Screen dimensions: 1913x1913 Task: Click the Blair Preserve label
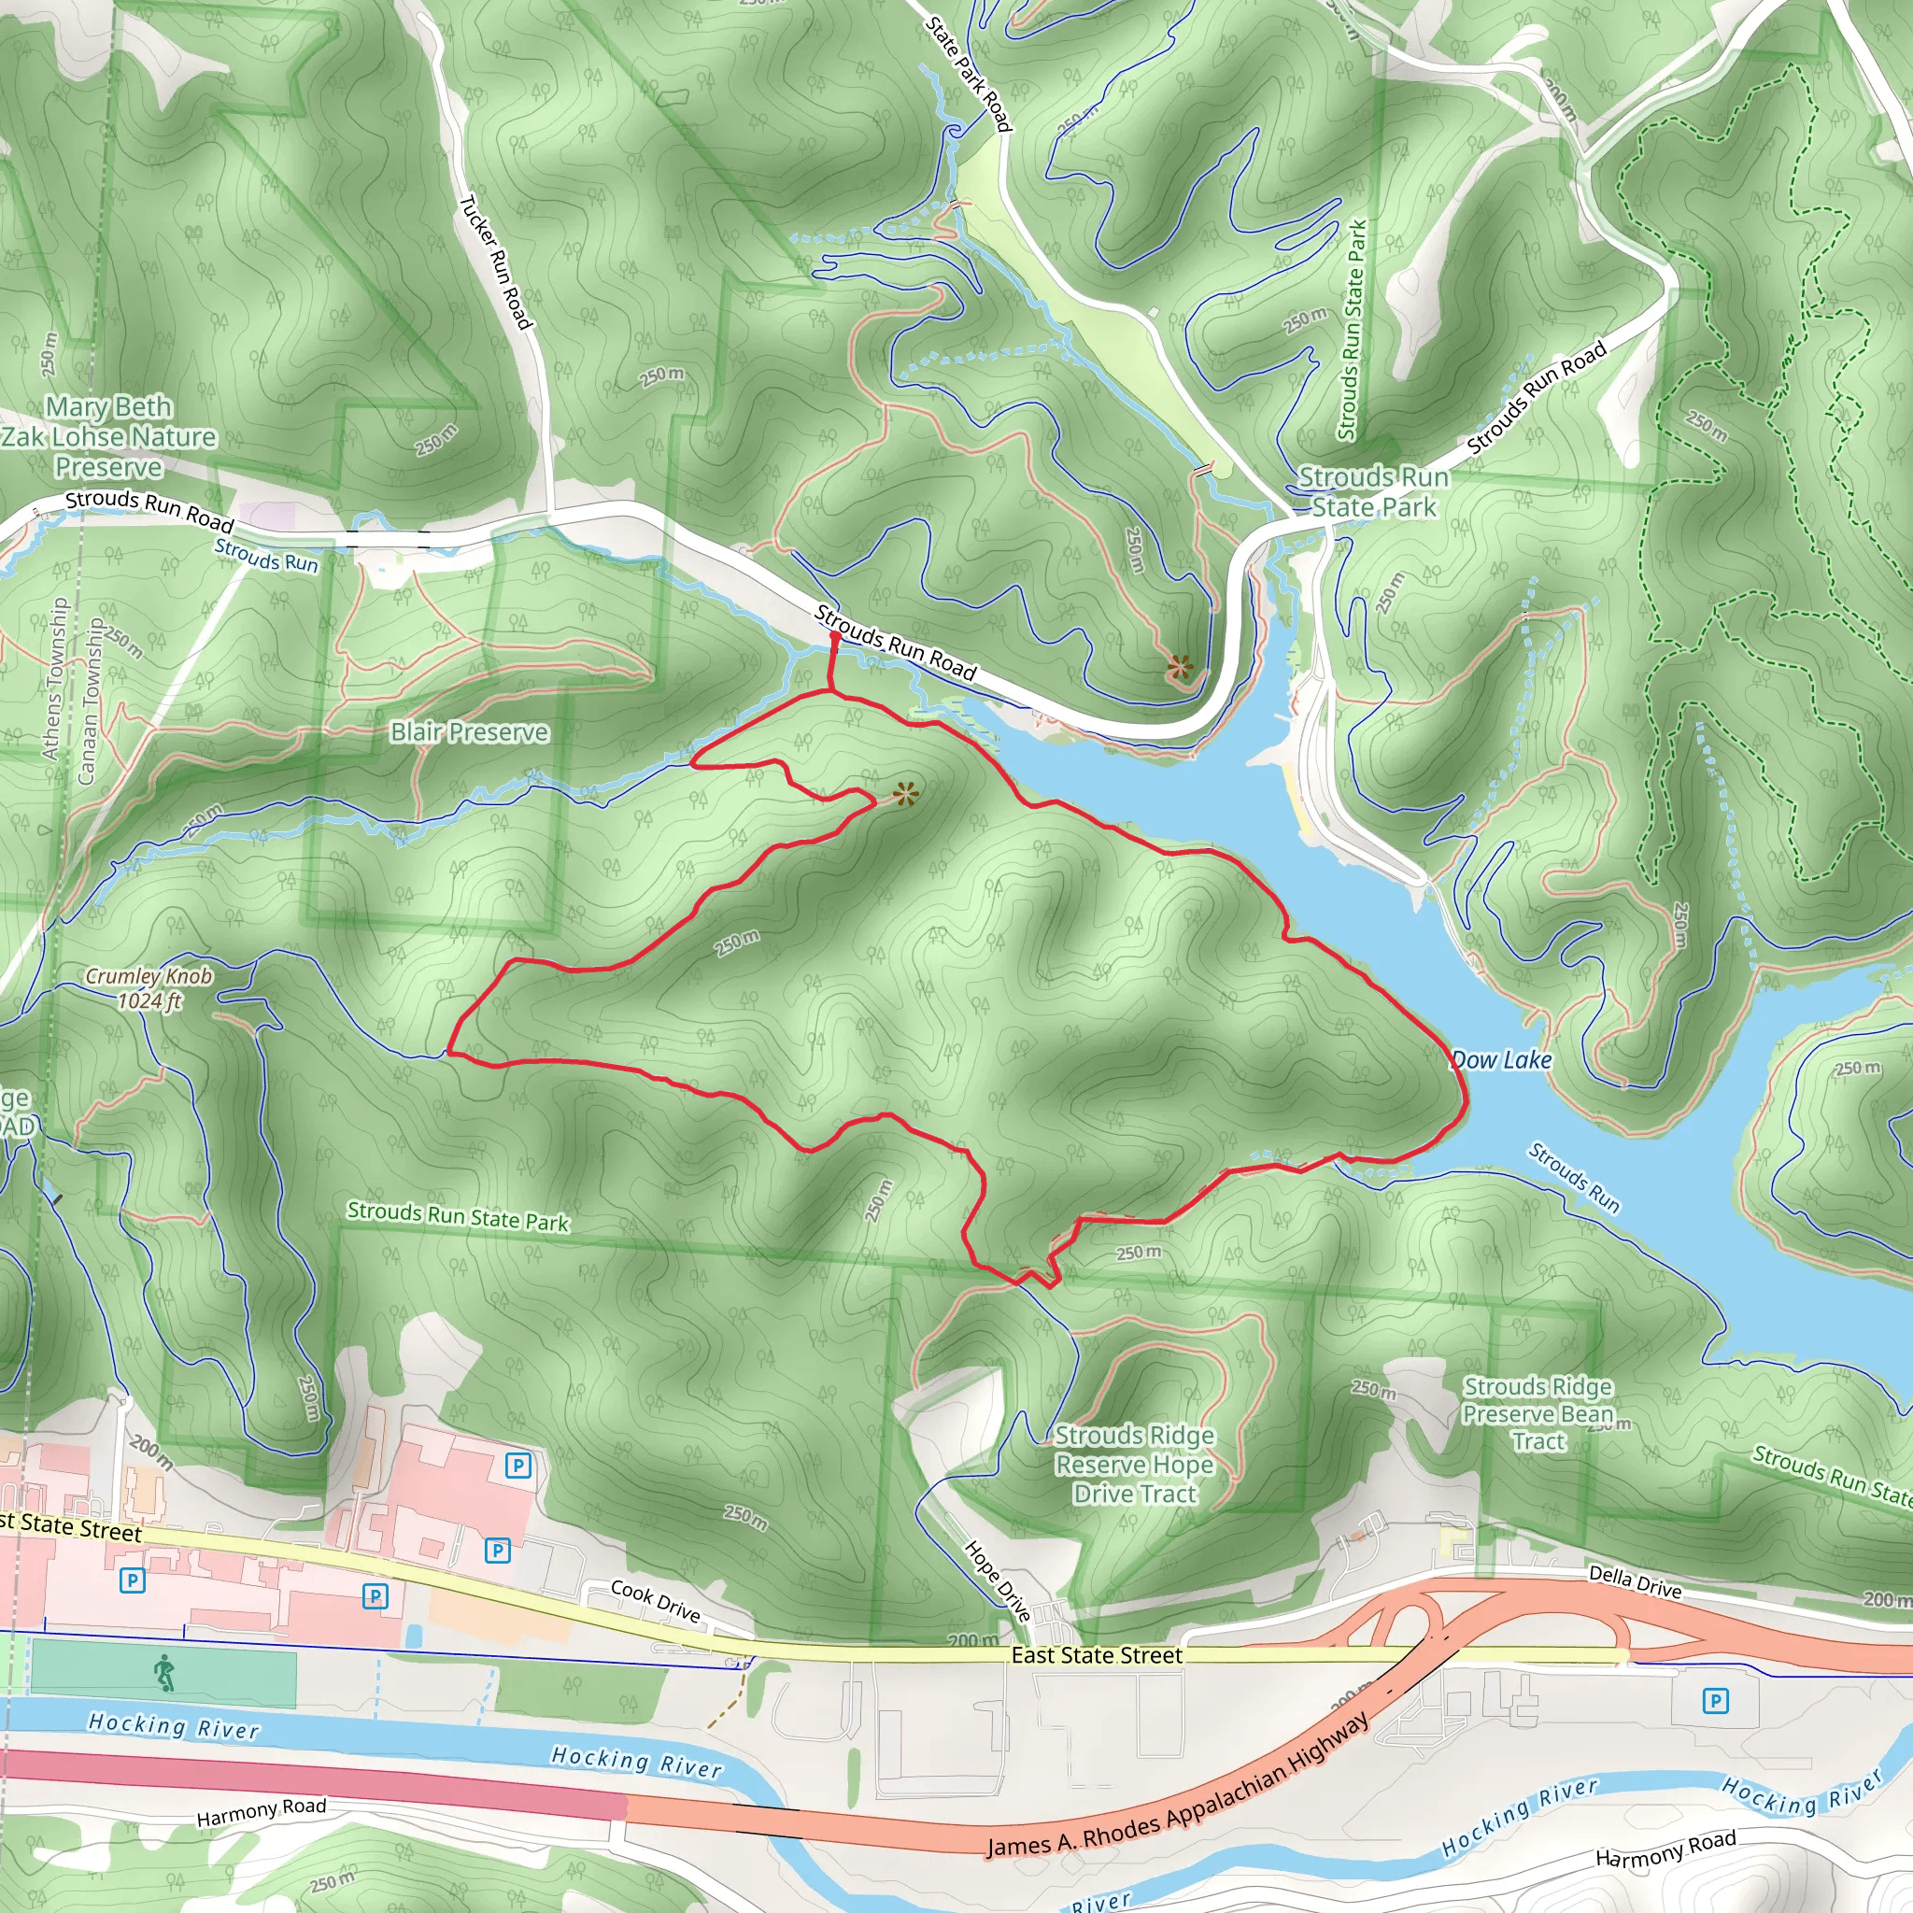click(x=468, y=731)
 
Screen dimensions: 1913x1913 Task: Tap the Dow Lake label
click(x=1501, y=1059)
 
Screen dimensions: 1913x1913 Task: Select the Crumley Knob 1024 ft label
click(x=149, y=988)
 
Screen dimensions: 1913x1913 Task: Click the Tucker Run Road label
click(x=496, y=262)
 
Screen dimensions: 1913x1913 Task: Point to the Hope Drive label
click(x=997, y=1581)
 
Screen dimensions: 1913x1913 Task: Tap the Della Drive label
click(x=1635, y=1582)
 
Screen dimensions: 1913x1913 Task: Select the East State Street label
click(x=1096, y=1655)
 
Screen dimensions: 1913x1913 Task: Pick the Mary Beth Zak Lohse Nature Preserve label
click(x=109, y=436)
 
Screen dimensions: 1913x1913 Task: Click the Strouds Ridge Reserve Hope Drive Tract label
click(x=1134, y=1465)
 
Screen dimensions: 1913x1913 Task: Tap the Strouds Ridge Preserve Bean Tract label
click(x=1537, y=1414)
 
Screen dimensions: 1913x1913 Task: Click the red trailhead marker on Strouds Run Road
click(x=835, y=640)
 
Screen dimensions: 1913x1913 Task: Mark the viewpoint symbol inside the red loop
click(x=905, y=793)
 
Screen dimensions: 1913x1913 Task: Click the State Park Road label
click(x=970, y=73)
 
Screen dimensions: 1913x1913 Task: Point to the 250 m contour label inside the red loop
click(x=738, y=942)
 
